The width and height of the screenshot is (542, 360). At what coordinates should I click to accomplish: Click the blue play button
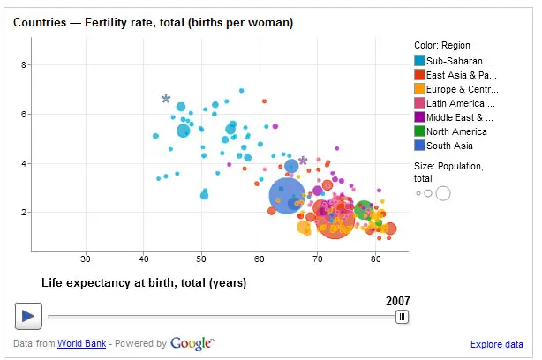point(27,315)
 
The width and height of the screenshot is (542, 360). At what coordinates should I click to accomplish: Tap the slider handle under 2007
point(402,316)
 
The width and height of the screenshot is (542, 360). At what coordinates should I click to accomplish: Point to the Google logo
point(193,343)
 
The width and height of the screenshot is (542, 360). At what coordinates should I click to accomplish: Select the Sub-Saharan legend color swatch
point(419,61)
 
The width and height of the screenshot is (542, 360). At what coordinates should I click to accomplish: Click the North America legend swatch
point(419,131)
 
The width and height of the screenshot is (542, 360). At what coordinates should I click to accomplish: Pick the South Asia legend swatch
point(419,146)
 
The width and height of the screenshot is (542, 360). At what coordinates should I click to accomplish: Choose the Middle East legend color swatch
point(419,117)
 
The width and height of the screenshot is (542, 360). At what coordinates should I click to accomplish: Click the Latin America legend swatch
point(419,103)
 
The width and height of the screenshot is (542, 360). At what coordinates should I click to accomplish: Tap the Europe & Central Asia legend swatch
point(419,89)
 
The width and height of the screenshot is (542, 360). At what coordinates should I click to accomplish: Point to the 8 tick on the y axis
point(26,64)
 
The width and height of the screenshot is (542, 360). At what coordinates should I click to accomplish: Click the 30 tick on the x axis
point(86,259)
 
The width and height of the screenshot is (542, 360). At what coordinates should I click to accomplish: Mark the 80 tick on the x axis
point(375,259)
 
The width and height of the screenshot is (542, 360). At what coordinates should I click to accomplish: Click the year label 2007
point(397,301)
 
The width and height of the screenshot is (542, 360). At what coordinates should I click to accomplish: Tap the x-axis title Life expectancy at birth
point(144,283)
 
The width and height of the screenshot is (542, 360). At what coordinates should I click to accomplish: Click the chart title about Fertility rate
point(153,21)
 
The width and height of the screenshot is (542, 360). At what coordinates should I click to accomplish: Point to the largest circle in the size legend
point(443,193)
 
